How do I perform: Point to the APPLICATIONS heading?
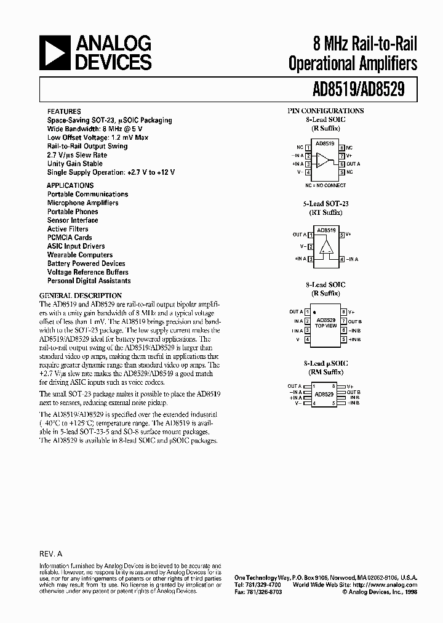tap(71, 185)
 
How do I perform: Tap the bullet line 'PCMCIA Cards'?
tap(70, 238)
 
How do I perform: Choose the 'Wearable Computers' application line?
tap(80, 255)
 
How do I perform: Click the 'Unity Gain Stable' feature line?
tap(75, 164)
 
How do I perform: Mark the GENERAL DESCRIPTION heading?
tap(81, 295)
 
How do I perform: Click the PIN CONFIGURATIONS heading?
tap(325, 111)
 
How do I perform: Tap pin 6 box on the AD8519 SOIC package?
tap(341, 164)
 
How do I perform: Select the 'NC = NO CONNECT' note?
tap(325, 185)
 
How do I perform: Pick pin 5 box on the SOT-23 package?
tap(341, 235)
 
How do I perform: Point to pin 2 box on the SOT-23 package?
tap(311, 247)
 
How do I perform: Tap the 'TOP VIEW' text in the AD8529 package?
tap(325, 326)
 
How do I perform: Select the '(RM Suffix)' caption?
tap(325, 372)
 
